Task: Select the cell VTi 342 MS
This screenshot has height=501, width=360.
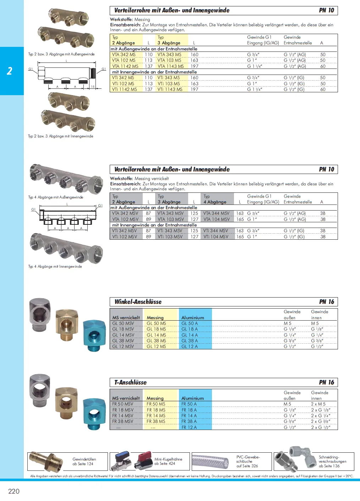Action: coord(123,78)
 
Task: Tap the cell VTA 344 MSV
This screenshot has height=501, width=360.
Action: coord(216,213)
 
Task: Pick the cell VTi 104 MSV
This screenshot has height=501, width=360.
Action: coord(216,237)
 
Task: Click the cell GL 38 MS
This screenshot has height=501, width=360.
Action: coord(156,341)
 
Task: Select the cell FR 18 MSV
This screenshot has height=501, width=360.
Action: coord(123,410)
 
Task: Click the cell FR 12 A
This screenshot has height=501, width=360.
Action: coord(189,428)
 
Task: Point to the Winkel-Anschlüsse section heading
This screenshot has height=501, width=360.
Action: coord(138,302)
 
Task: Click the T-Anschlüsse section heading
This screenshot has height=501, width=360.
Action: coord(130,382)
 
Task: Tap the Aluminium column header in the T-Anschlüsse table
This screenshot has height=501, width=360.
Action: coord(192,398)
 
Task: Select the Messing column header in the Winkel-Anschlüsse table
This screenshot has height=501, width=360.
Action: coord(155,318)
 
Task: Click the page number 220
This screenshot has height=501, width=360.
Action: coord(14,491)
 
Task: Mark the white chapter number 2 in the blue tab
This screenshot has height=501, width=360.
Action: coord(10,71)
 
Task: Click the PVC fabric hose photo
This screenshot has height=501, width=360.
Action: coord(211,462)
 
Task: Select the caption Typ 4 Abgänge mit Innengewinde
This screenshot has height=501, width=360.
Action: coord(55,267)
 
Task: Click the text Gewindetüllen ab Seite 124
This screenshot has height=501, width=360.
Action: coord(84,461)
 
